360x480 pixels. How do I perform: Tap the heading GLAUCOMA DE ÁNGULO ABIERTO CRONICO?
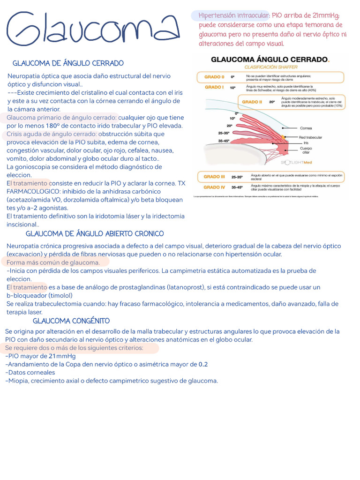pos(95,233)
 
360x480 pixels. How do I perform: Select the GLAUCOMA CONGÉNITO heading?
pos(71,321)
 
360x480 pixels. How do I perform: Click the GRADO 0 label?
pos(214,77)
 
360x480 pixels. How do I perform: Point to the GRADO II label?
pos(252,102)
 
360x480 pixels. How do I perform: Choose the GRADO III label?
pos(214,177)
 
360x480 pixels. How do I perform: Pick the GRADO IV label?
pos(214,187)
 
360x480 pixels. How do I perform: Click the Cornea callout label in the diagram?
pos(306,128)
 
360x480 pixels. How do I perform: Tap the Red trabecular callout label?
pos(310,137)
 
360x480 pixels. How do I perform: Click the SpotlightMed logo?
pos(297,163)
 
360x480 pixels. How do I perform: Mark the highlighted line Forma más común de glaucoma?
pos(53,262)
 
